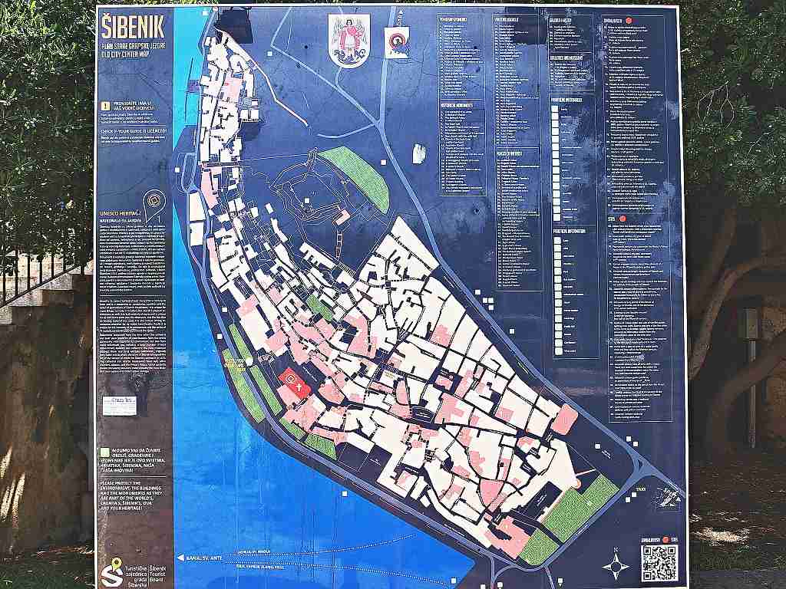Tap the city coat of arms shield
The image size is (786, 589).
(349, 40)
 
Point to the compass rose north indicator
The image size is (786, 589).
(616, 565)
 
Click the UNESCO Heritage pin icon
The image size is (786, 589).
(156, 200)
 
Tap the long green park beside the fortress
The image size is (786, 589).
(355, 179)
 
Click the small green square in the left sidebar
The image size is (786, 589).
(104, 452)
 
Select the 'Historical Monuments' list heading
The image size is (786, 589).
(461, 104)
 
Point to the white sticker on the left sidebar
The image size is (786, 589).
(119, 405)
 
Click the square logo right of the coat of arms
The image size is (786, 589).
(396, 41)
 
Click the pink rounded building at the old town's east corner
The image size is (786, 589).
(565, 419)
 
